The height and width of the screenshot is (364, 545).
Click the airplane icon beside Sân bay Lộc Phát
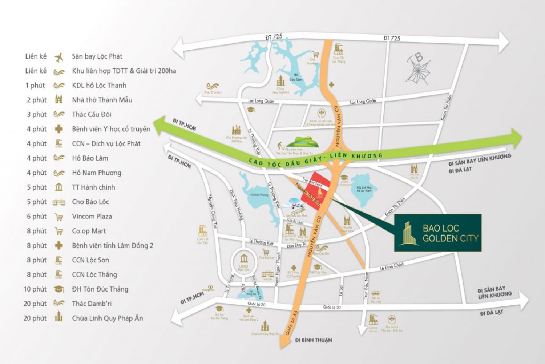click(x=58, y=57)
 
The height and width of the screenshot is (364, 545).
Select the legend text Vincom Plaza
click(x=92, y=217)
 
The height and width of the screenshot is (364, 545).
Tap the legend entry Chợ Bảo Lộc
click(x=90, y=202)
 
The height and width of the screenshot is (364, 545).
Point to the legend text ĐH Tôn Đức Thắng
click(x=100, y=289)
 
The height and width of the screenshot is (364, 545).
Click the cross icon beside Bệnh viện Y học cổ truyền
click(x=58, y=129)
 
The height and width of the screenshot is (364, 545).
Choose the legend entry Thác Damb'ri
click(x=92, y=304)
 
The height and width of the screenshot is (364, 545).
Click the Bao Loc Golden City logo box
click(x=438, y=233)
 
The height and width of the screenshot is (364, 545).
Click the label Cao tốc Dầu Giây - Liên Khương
click(x=315, y=159)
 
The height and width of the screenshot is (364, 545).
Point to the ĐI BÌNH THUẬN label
click(x=313, y=340)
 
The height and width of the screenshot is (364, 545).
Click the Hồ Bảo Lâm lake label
click(x=295, y=77)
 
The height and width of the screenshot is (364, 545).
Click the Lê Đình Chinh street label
click(x=392, y=267)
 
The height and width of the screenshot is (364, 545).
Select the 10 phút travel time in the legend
click(x=35, y=289)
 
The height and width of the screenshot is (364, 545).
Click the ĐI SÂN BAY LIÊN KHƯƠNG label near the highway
click(x=480, y=159)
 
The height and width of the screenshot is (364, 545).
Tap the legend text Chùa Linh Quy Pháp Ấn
click(x=107, y=318)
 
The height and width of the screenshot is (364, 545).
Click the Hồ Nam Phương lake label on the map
click(x=259, y=195)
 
